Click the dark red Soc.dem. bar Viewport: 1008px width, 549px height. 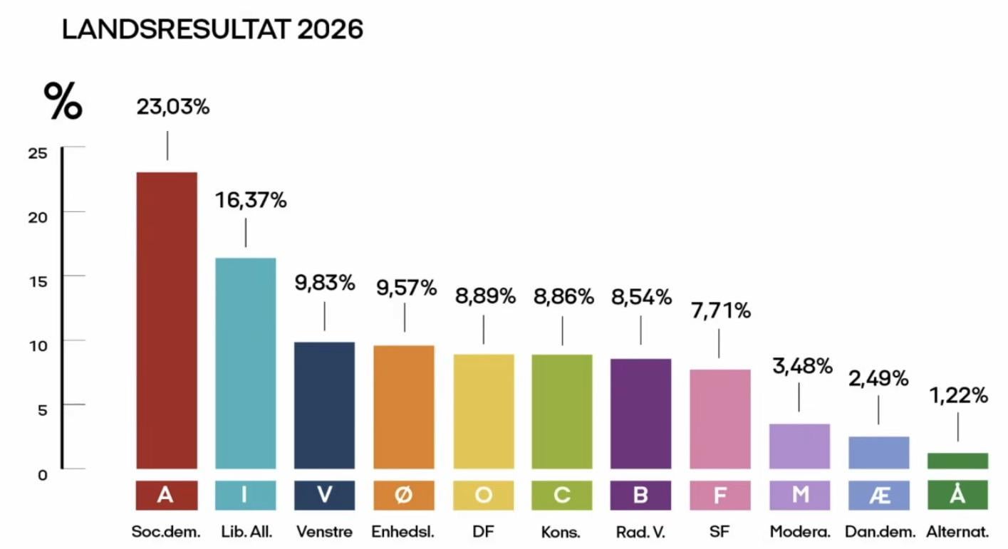[167, 320]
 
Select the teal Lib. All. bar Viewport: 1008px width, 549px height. [246, 363]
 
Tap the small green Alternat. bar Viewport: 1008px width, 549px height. [957, 461]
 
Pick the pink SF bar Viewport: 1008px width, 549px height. [720, 419]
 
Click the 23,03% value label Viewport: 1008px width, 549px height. [173, 108]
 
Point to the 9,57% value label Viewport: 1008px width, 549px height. [406, 288]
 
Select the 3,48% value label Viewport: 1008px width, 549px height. [802, 366]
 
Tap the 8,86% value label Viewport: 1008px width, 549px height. [563, 297]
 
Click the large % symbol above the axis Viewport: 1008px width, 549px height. [63, 101]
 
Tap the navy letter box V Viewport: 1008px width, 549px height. [325, 495]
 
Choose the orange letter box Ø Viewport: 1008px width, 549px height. [404, 495]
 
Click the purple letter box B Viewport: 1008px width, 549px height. [640, 495]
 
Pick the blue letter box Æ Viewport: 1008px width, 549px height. [879, 495]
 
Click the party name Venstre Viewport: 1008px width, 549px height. [324, 532]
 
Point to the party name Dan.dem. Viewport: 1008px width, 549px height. [879, 532]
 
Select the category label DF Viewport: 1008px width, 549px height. [483, 532]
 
